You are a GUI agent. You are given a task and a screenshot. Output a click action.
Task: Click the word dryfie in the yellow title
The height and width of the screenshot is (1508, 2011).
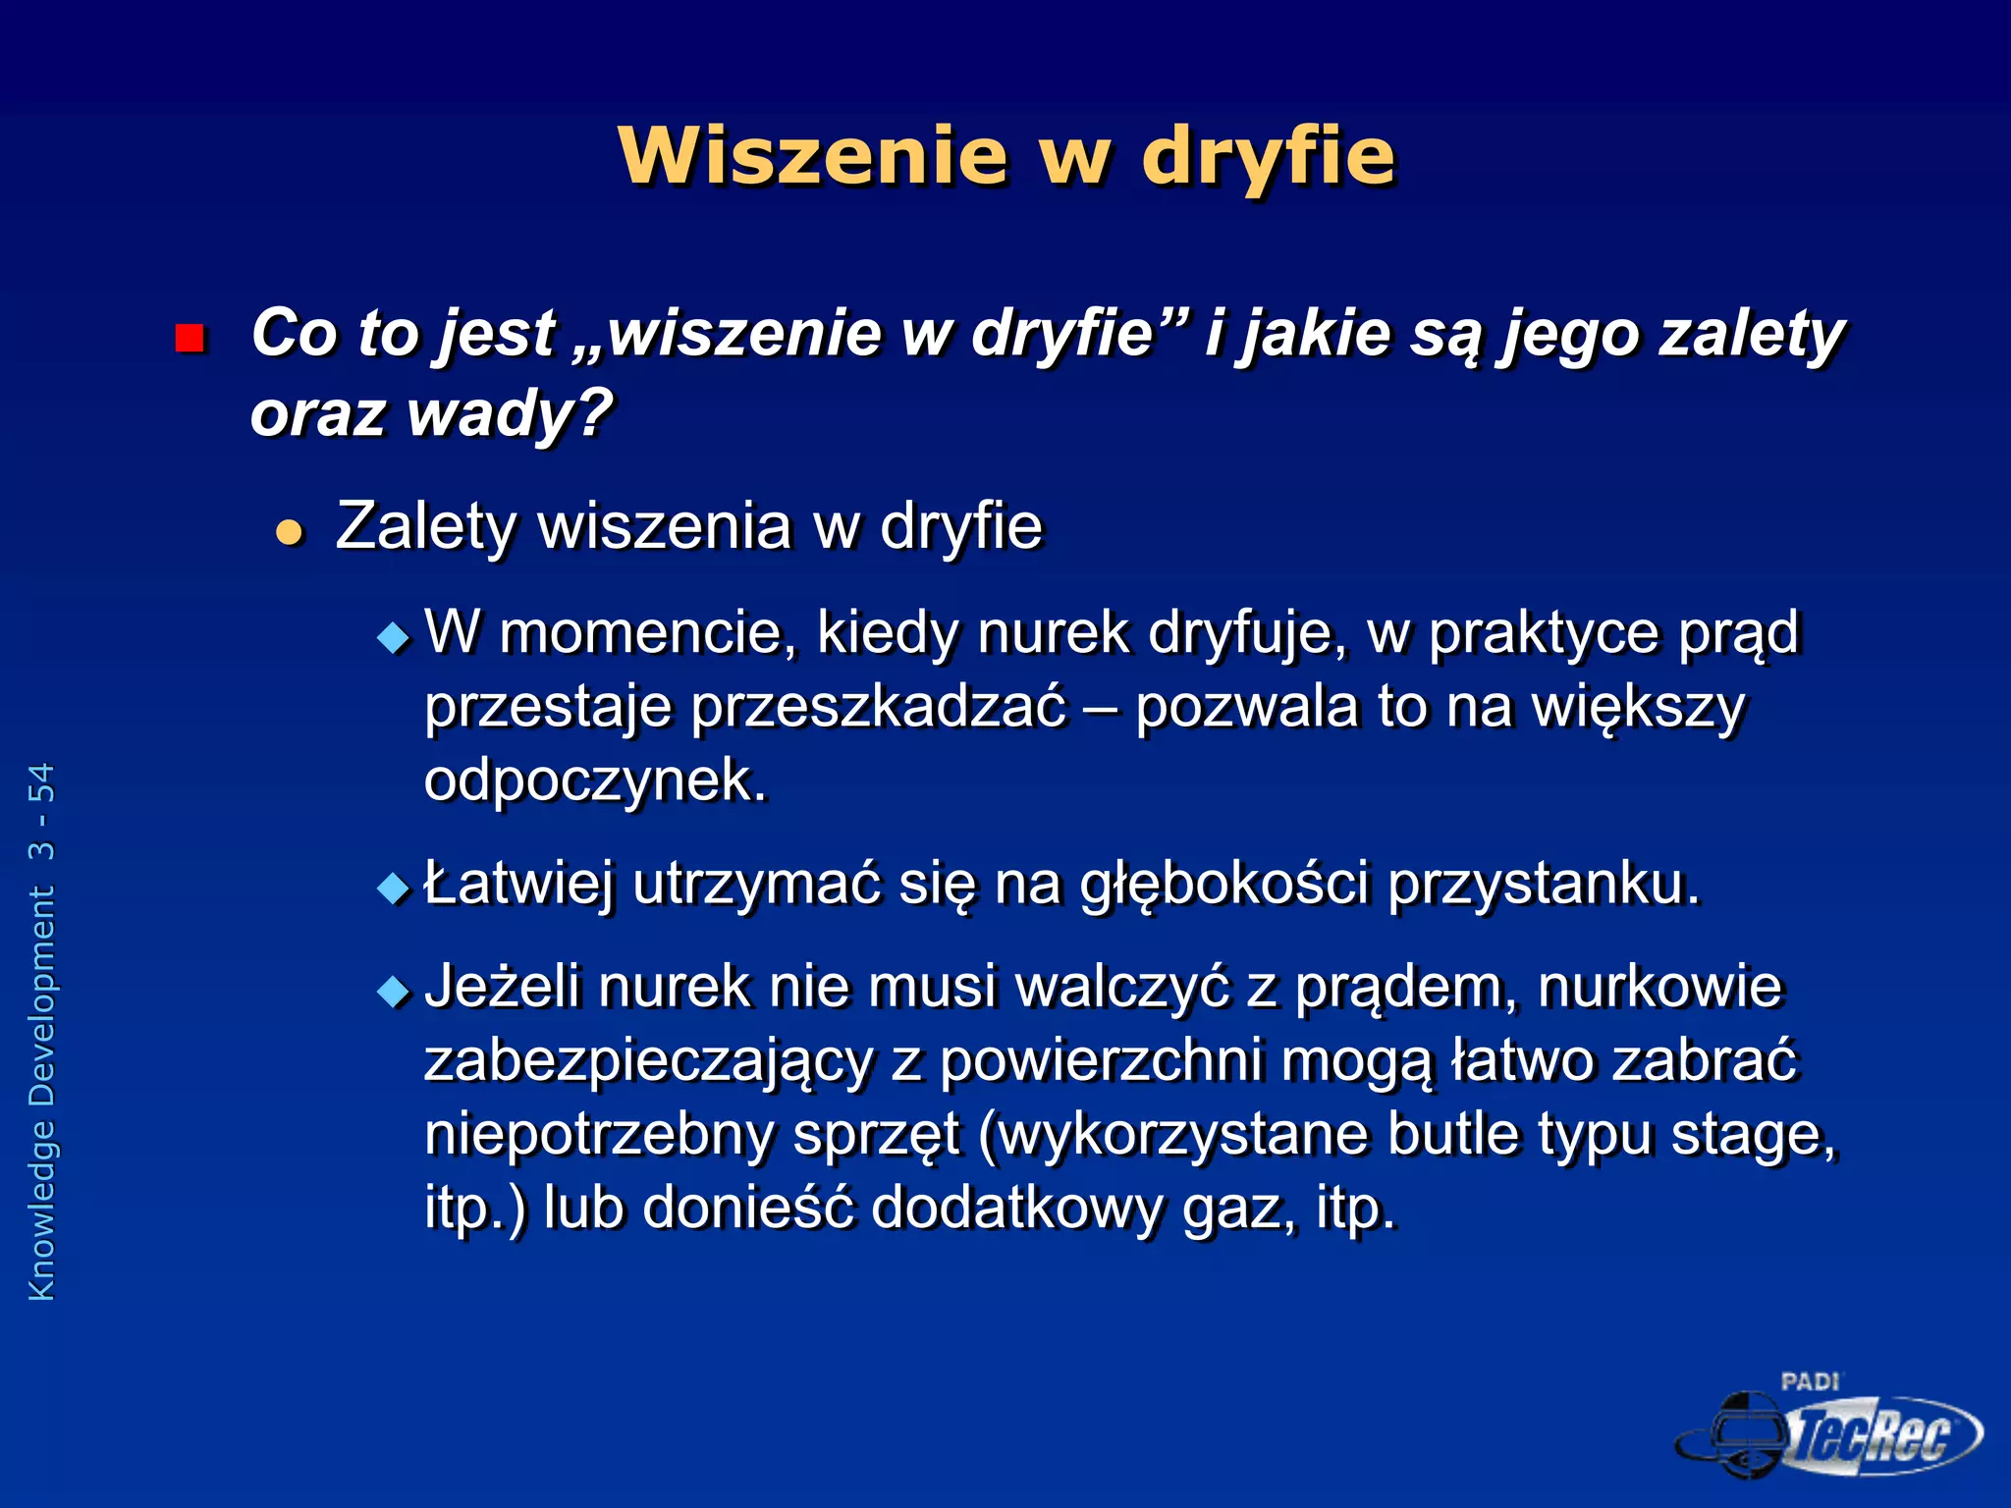tap(1268, 157)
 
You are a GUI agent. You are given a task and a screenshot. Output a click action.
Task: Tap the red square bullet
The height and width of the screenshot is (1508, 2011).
tap(189, 339)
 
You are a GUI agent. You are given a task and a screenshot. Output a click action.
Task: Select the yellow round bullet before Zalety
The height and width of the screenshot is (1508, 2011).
tap(289, 533)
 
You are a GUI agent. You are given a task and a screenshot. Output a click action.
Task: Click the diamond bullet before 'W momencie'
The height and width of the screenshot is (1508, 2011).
tap(394, 638)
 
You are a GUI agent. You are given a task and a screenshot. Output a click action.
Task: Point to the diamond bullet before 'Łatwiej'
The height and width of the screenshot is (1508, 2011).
tap(394, 889)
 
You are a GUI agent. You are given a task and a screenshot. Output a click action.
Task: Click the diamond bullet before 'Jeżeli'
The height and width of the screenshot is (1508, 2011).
tap(394, 992)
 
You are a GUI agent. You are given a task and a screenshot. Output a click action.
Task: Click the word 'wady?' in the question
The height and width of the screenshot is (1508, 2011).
tap(511, 412)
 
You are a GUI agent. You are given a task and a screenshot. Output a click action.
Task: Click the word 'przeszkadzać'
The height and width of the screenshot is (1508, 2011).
tap(878, 707)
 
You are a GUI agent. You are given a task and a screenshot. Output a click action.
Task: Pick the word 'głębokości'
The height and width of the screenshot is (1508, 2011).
tap(1223, 884)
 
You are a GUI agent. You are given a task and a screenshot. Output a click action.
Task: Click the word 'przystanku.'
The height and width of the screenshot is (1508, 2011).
tap(1543, 884)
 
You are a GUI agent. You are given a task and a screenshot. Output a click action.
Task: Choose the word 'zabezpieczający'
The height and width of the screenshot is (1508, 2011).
tap(648, 1062)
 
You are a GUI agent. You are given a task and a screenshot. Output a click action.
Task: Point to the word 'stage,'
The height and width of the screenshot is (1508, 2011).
tap(1753, 1136)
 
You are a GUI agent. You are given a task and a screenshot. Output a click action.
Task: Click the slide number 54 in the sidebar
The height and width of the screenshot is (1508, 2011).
tap(42, 782)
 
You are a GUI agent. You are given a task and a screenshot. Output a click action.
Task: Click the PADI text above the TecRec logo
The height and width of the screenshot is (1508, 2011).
tap(1810, 1382)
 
